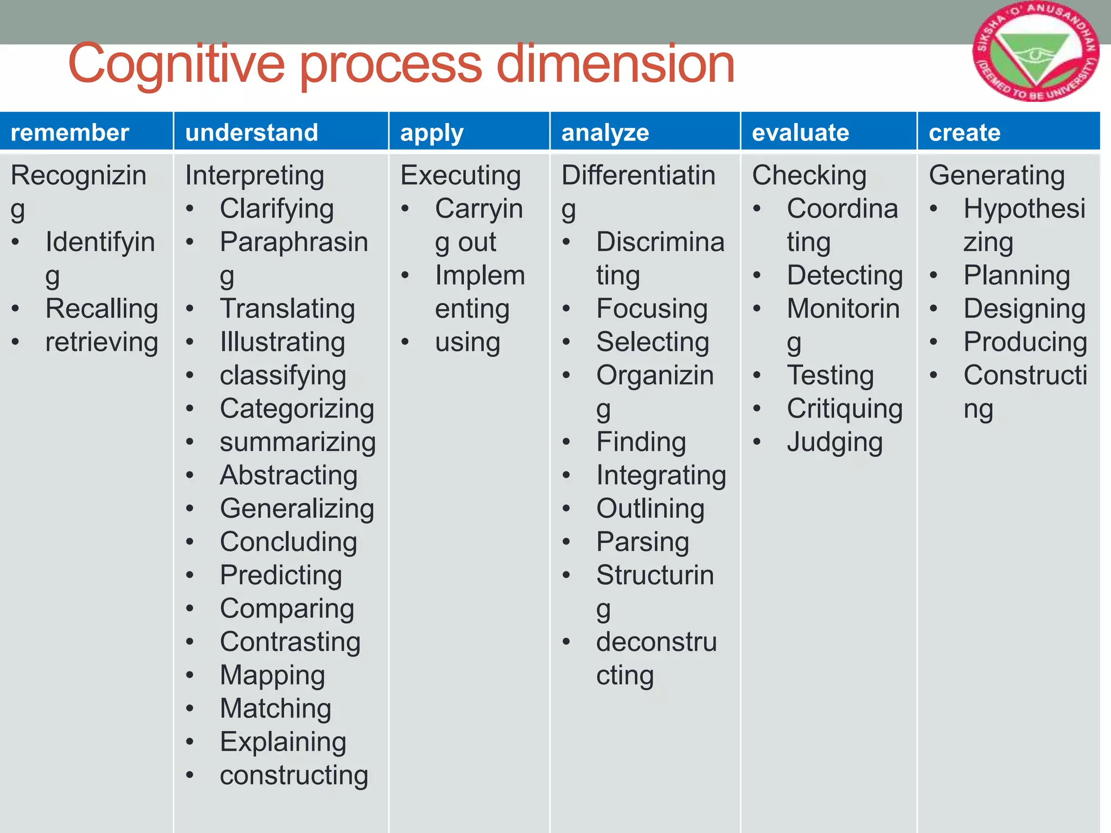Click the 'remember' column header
pos(69,133)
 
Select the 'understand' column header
pos(251,133)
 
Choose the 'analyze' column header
pos(605,133)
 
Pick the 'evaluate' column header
pos(800,133)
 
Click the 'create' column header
pos(964,133)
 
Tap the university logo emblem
pos(1035,52)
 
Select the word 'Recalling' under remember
pos(102,309)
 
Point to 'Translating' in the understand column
pos(287,309)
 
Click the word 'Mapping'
pos(272,676)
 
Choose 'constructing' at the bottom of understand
pos(293,775)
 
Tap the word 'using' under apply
pos(467,343)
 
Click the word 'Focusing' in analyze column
pos(652,309)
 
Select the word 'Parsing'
pos(642,542)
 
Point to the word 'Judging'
pos(834,443)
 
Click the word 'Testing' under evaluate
pos(830,375)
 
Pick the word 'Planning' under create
pos(1017,275)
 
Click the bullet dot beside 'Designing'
pos(934,309)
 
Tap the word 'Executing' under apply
pos(461,176)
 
